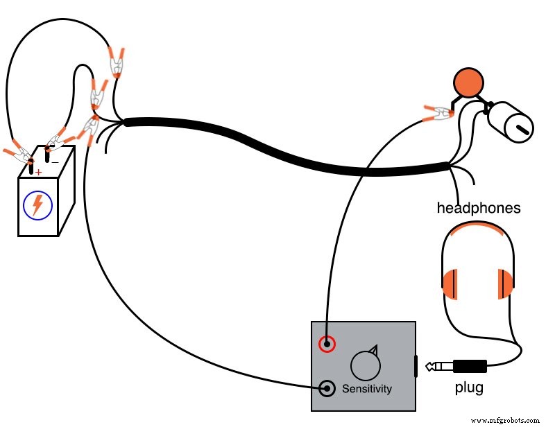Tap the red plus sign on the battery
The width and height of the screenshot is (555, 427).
tap(39, 172)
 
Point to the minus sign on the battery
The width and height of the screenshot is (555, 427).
tap(55, 161)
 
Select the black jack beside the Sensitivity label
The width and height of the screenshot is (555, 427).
tap(327, 387)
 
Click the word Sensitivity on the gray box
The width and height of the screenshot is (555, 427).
tap(366, 388)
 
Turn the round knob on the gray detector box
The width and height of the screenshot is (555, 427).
tap(366, 363)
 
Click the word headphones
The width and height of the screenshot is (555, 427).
tap(478, 207)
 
